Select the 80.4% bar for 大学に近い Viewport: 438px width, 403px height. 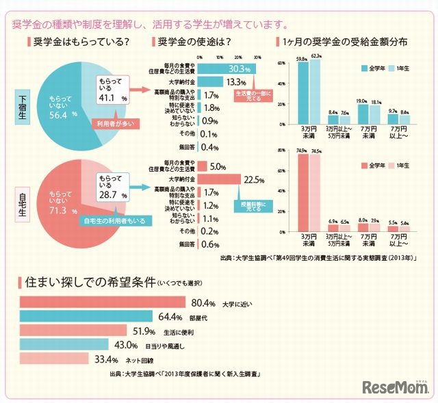click(103, 302)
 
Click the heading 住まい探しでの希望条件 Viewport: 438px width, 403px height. click(90, 281)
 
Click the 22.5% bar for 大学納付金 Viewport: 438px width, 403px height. click(219, 179)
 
